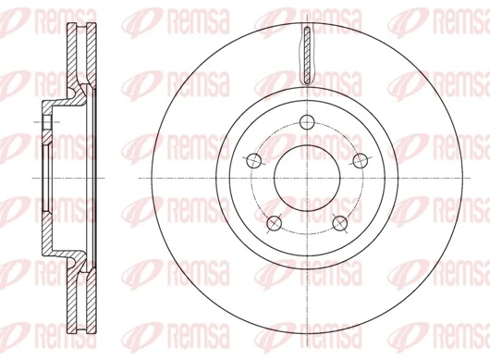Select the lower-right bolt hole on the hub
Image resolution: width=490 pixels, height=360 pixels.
tap(339, 223)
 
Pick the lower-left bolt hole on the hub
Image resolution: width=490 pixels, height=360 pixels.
tap(272, 223)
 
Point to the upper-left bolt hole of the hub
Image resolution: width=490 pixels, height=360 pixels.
tap(251, 159)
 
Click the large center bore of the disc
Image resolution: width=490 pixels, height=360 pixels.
tap(305, 179)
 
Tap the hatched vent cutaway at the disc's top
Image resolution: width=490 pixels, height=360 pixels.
tap(305, 57)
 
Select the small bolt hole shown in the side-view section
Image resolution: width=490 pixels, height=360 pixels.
tap(43, 121)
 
